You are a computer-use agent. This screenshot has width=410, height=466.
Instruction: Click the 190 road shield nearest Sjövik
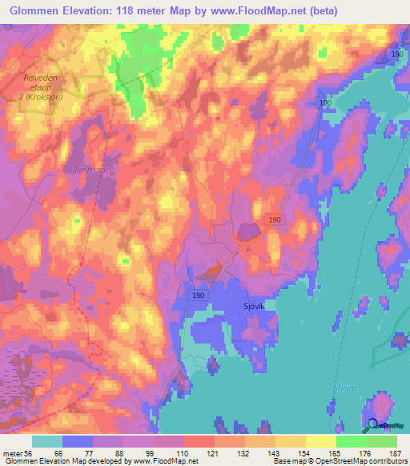point(199,295)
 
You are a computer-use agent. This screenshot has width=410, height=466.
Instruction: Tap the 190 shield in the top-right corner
point(397,53)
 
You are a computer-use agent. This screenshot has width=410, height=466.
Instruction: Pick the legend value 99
point(153,452)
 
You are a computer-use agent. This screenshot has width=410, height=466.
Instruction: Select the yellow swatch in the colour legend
point(320,441)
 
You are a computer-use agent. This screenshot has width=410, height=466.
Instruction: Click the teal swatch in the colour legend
point(47,441)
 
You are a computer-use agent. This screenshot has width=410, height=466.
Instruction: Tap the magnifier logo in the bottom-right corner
point(372,426)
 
